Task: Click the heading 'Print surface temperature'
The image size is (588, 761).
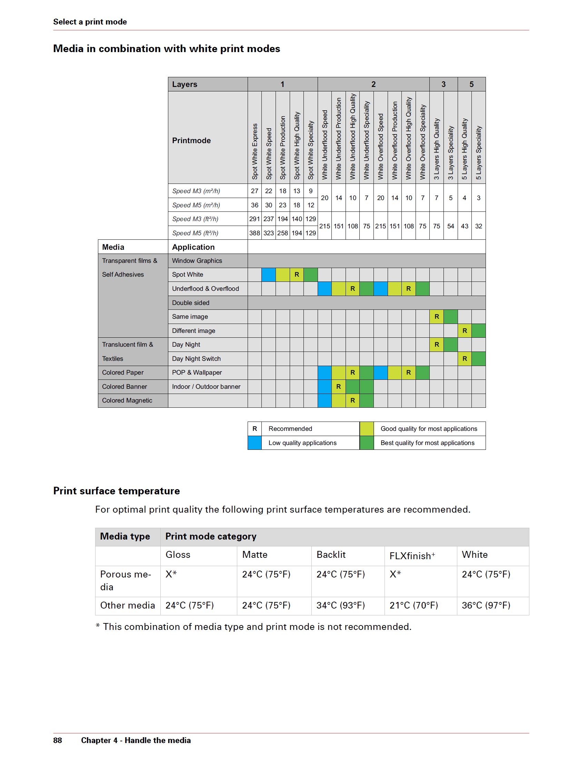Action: click(116, 491)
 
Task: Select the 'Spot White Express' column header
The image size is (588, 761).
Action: click(255, 151)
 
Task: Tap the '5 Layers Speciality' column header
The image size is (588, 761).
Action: click(479, 152)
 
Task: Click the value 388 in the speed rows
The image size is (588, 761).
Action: click(255, 233)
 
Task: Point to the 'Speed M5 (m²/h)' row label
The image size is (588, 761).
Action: click(196, 205)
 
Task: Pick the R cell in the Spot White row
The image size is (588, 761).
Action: click(297, 275)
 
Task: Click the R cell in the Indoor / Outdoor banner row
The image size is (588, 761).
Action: click(339, 386)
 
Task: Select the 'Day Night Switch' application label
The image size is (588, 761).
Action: click(196, 358)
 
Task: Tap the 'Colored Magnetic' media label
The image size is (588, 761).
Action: click(127, 401)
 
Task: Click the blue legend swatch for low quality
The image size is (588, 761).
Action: click(255, 443)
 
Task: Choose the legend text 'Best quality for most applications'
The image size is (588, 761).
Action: click(427, 443)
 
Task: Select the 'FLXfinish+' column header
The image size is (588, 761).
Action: click(412, 556)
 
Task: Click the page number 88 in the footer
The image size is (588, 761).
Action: click(58, 740)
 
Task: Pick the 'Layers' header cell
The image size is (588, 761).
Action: click(185, 84)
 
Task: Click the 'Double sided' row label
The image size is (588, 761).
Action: click(191, 303)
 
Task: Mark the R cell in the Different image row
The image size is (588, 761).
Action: click(465, 331)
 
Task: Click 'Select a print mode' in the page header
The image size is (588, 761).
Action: click(90, 22)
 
